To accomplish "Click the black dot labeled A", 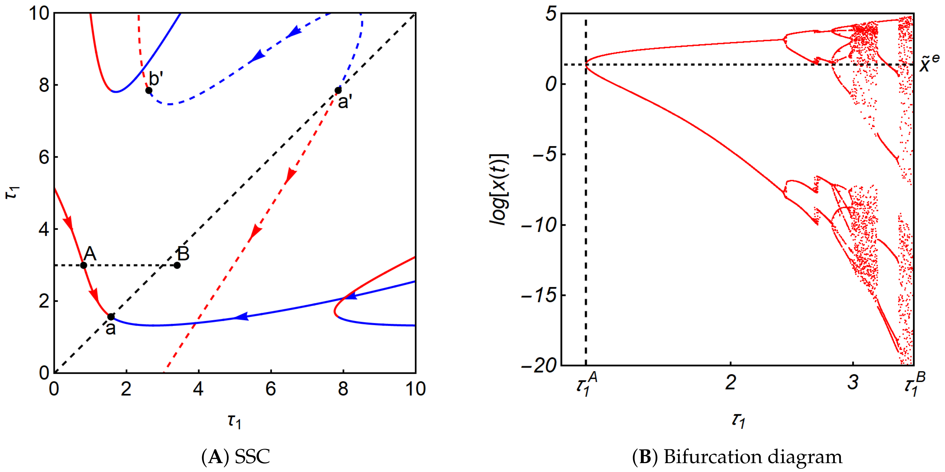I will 84,265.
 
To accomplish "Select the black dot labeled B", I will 177,265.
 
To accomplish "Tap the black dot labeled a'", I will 338,90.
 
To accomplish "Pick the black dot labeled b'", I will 149,90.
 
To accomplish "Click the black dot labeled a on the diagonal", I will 111,317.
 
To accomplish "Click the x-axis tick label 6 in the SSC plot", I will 271,389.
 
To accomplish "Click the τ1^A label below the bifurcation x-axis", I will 586,385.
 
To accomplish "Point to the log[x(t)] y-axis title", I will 500,189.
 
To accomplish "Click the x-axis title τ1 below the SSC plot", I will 234,422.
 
